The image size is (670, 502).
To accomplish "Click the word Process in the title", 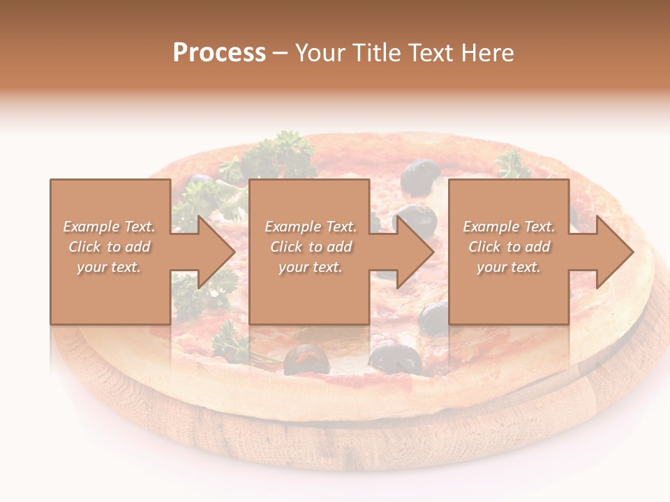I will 219,52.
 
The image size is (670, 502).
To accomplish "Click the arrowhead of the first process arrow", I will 217,252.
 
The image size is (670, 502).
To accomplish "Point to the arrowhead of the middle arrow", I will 416,252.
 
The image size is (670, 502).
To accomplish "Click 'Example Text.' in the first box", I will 110,227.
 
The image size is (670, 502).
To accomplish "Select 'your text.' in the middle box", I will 310,267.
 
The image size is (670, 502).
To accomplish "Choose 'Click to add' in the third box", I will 509,247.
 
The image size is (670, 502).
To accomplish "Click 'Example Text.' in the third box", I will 509,227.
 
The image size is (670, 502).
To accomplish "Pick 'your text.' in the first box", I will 110,267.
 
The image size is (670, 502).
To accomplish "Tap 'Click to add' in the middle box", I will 310,247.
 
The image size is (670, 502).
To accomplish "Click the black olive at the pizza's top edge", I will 421,176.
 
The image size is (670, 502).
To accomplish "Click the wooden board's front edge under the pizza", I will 349,439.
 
